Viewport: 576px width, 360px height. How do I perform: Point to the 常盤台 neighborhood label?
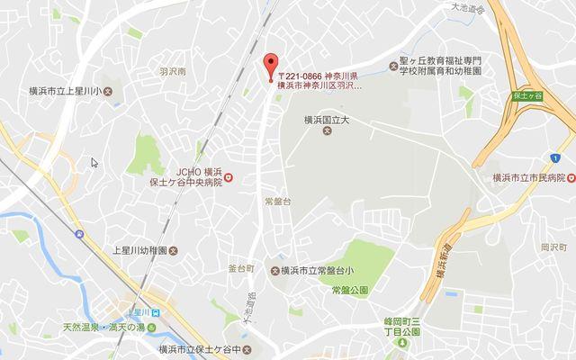[x=277, y=201]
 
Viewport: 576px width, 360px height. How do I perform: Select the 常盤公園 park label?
[x=350, y=289]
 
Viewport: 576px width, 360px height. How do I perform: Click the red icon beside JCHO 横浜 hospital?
[x=229, y=178]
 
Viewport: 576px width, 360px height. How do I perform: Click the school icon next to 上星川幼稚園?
[x=175, y=250]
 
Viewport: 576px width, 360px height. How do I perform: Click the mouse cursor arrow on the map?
[x=94, y=162]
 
